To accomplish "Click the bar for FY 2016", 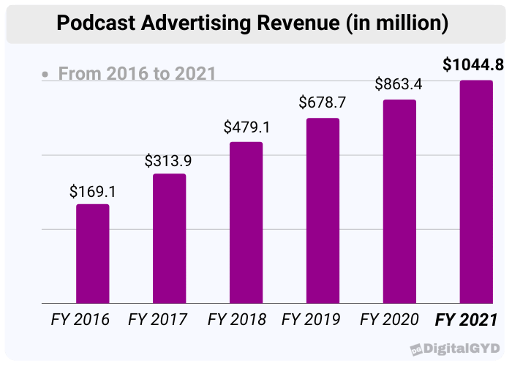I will (x=93, y=253).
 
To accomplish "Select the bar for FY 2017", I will (x=169, y=238).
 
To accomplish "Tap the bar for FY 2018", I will (x=246, y=222).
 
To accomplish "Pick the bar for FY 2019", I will (x=323, y=210).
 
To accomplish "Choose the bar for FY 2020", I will (x=399, y=201).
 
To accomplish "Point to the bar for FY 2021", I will (x=475, y=191).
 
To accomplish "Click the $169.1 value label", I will (x=93, y=192).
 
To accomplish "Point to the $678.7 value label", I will (x=323, y=103).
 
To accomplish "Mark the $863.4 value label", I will (x=399, y=83).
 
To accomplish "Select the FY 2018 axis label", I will (x=236, y=320).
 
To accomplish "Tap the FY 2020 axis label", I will (x=389, y=320).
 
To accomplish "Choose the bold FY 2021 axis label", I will (x=467, y=320).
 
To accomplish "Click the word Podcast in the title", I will (x=93, y=25).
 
